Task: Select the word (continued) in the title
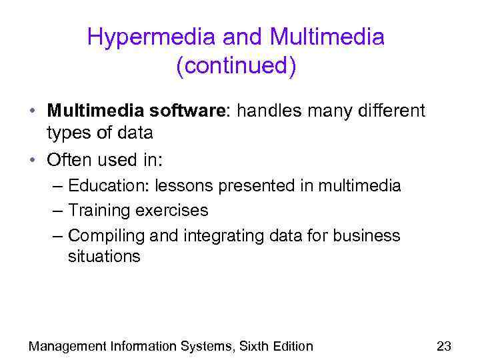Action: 236,67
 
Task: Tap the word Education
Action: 106,185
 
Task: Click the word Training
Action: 99,211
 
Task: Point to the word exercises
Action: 172,211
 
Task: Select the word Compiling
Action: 107,235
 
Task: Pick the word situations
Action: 104,257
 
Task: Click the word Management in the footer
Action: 67,345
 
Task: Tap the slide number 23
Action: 443,345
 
